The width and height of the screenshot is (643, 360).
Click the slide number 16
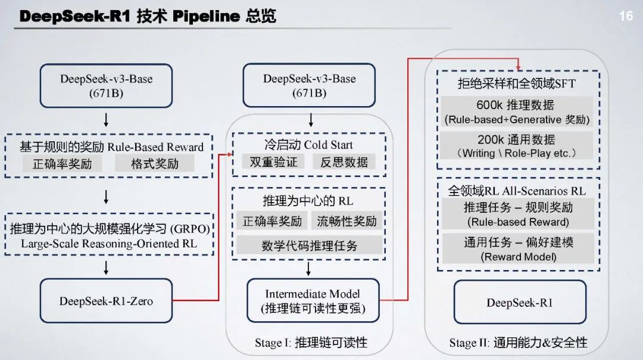(x=626, y=16)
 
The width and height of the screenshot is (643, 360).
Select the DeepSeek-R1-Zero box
(x=106, y=301)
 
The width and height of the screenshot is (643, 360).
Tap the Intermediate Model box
(x=313, y=301)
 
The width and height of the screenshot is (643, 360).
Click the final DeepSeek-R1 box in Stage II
(x=520, y=302)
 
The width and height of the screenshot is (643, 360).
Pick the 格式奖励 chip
(x=155, y=163)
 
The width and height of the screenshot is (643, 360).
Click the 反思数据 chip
(x=344, y=162)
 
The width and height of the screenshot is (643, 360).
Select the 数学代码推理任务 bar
(x=309, y=245)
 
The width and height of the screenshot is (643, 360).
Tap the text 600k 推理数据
(x=516, y=105)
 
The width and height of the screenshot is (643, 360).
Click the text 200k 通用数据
(x=516, y=139)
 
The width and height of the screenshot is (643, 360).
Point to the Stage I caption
(x=311, y=343)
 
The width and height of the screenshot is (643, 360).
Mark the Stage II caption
(x=518, y=343)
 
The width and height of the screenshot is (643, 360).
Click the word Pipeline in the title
(x=206, y=16)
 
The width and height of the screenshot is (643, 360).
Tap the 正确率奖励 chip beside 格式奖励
(x=62, y=163)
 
